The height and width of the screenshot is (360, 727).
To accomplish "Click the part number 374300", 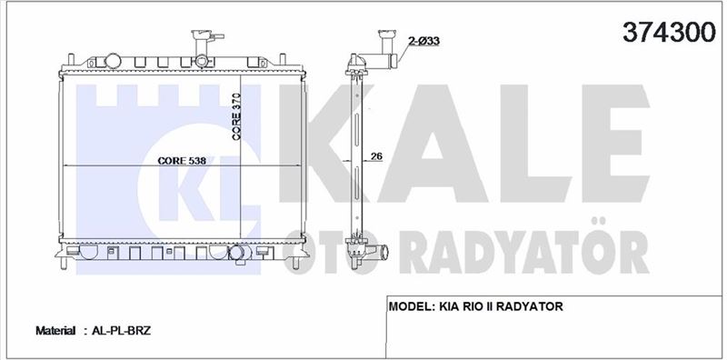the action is [669, 32].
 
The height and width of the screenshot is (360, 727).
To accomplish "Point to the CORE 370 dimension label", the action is [236, 116].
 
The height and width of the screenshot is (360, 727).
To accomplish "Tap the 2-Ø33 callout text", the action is [423, 41].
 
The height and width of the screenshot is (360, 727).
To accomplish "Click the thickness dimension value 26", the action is [376, 156].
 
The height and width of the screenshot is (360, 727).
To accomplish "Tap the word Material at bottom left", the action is [55, 331].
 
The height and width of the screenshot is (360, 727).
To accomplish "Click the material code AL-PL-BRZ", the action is [121, 331].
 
